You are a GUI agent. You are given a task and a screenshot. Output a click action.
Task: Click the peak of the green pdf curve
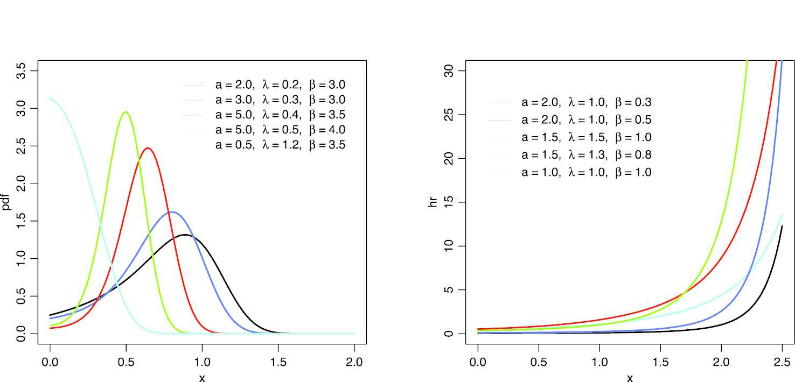click(x=125, y=111)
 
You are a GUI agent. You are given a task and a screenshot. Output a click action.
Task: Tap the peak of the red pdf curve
click(x=148, y=148)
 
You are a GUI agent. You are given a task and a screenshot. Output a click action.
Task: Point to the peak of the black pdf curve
click(x=185, y=235)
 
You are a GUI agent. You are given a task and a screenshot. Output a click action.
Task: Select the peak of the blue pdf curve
click(x=171, y=212)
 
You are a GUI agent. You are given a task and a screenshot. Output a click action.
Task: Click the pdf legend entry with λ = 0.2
click(x=280, y=85)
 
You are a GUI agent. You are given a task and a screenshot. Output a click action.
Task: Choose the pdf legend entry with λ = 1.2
click(x=280, y=145)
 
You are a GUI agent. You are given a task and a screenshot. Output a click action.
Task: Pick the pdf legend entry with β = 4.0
click(x=280, y=130)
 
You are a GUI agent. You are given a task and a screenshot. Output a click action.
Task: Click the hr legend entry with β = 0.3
click(x=587, y=102)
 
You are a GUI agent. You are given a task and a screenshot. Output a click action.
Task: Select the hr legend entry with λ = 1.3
click(x=587, y=155)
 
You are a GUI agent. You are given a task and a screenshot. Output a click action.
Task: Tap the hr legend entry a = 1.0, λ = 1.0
click(x=587, y=173)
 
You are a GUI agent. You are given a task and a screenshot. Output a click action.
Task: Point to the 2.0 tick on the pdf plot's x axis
click(x=354, y=362)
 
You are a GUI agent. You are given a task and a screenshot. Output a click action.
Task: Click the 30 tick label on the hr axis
click(x=447, y=71)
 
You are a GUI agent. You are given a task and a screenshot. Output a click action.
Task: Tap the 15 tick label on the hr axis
click(x=447, y=202)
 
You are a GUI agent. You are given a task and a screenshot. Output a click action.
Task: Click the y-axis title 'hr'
click(x=433, y=202)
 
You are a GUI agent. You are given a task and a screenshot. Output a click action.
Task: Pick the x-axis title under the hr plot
click(x=630, y=378)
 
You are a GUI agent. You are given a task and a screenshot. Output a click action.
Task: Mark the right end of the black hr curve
click(x=782, y=227)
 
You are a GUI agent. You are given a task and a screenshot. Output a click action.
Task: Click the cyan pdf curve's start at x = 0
click(x=51, y=98)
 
